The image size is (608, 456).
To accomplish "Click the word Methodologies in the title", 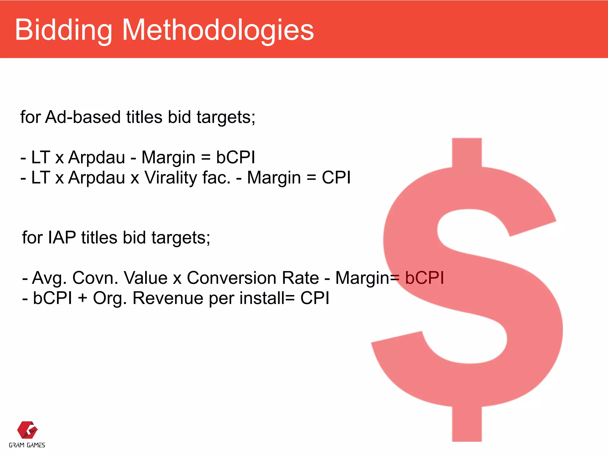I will [218, 30].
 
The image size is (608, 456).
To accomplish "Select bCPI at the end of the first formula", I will [235, 157].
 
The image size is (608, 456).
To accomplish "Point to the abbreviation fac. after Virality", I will [216, 178].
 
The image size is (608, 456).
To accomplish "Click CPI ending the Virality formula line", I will [336, 178].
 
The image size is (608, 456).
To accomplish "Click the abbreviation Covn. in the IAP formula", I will [95, 278].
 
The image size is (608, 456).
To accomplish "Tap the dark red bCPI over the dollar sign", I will [425, 278].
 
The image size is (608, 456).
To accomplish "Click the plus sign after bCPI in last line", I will [83, 298].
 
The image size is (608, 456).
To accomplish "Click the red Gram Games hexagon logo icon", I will [27, 430].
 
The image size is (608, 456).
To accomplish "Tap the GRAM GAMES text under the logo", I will [27, 445].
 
